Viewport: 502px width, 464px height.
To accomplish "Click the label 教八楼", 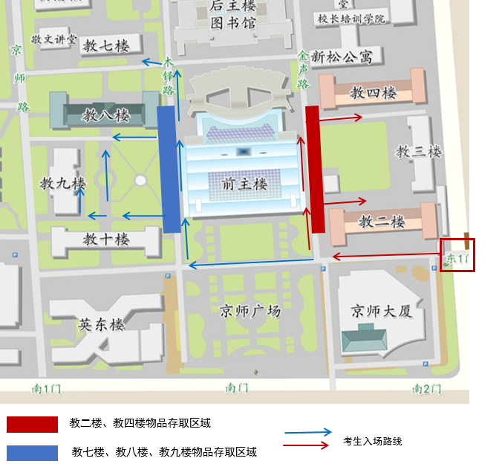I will click(x=105, y=115).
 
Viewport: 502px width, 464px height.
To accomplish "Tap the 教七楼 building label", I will click(x=105, y=46).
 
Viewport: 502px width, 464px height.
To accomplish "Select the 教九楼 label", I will click(x=62, y=183).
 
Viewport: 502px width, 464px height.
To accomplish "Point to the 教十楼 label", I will click(x=105, y=239).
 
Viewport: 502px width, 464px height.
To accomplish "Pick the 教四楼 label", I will click(x=374, y=93).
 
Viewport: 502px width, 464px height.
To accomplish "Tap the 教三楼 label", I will click(x=419, y=152).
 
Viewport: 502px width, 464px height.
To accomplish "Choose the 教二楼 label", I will click(x=382, y=221).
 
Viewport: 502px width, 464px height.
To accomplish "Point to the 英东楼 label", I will click(x=101, y=324).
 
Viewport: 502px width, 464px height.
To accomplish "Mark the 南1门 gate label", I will click(x=46, y=388).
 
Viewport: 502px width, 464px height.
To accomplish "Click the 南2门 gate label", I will click(x=426, y=388).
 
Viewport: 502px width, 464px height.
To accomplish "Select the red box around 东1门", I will click(x=457, y=254).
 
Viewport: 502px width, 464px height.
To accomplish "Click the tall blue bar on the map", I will click(x=170, y=169).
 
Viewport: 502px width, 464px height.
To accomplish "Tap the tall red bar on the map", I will click(x=315, y=169).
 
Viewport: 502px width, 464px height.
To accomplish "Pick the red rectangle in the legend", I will click(x=32, y=425).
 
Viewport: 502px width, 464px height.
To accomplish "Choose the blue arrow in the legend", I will click(x=308, y=432).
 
